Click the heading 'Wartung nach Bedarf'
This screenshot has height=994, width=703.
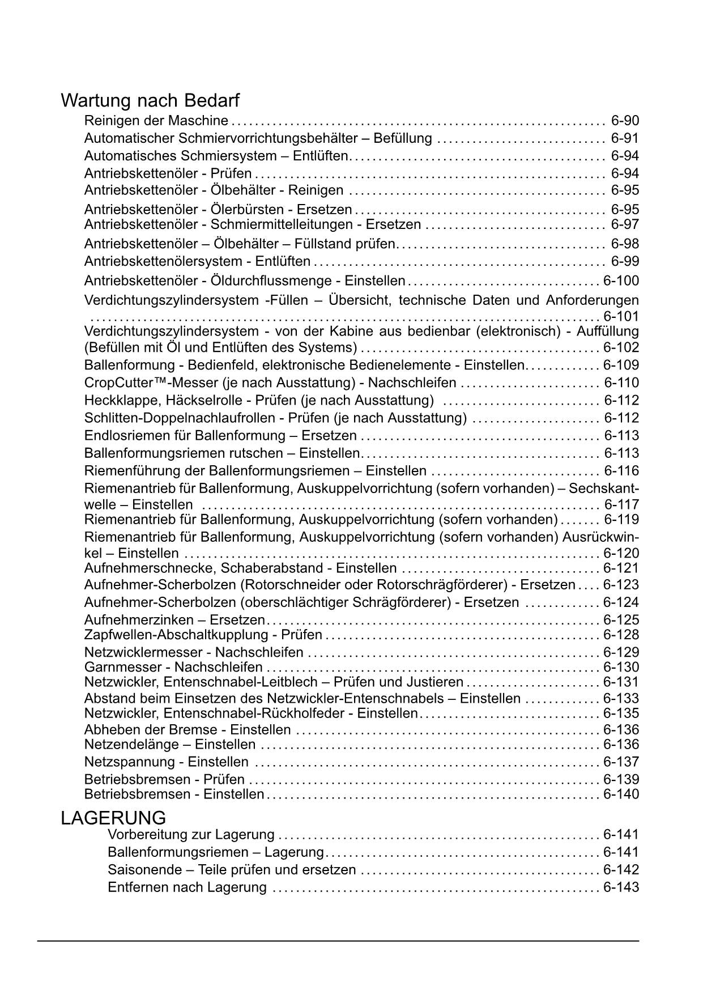150,101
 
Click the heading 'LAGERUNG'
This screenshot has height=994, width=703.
113,818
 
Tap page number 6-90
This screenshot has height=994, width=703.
625,121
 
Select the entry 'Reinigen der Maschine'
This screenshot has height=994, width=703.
156,121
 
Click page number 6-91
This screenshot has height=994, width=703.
625,138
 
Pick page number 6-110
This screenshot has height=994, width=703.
621,383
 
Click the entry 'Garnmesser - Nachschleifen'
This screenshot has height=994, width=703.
173,667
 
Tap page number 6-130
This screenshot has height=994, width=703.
621,667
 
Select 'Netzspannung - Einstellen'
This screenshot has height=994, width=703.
166,762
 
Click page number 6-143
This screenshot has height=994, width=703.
621,887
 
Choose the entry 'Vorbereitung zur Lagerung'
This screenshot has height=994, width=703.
191,835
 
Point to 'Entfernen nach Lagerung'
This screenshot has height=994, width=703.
187,887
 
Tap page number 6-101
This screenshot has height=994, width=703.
621,316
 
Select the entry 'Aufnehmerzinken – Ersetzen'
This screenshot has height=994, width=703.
174,620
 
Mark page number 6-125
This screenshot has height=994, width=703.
621,620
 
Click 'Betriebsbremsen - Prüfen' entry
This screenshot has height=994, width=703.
164,779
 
